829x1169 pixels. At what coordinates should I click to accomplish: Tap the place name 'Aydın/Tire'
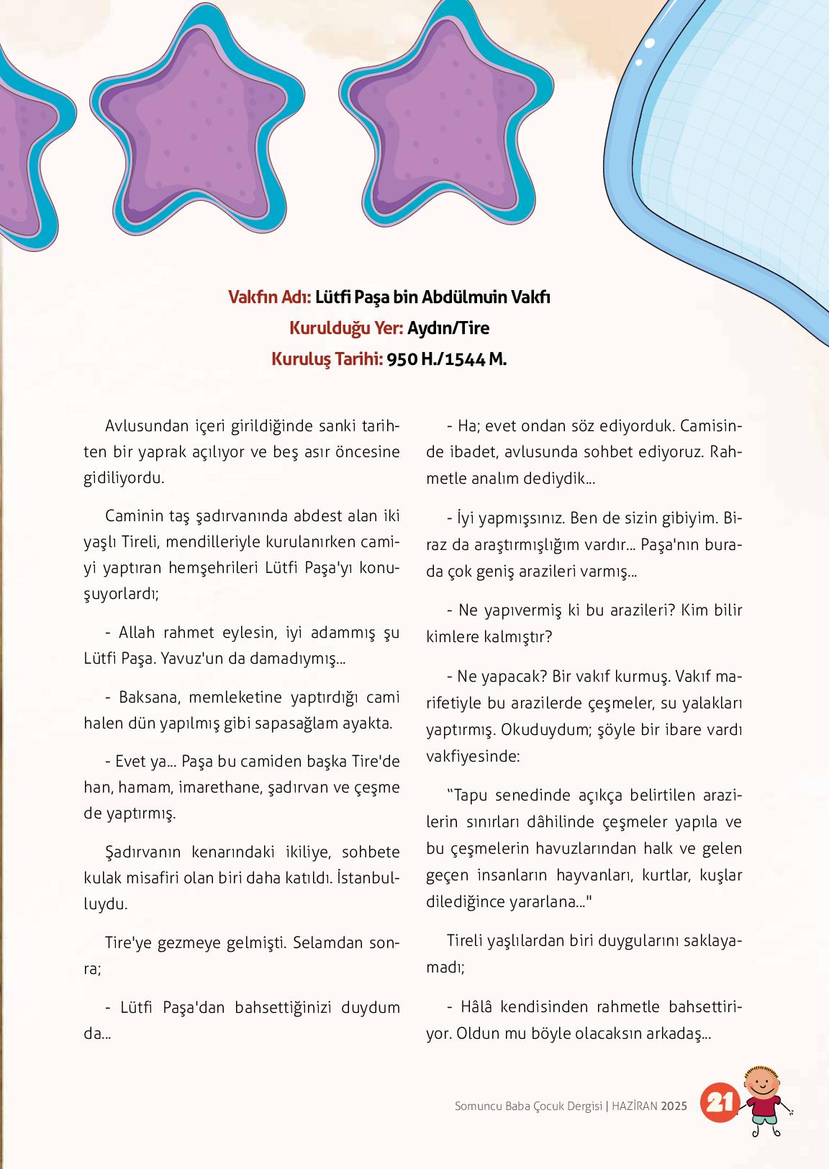[448, 328]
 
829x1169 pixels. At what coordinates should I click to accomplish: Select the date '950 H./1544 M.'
[447, 359]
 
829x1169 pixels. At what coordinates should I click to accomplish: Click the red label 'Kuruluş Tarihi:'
[327, 359]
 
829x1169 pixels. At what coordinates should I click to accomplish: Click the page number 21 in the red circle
[720, 1103]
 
